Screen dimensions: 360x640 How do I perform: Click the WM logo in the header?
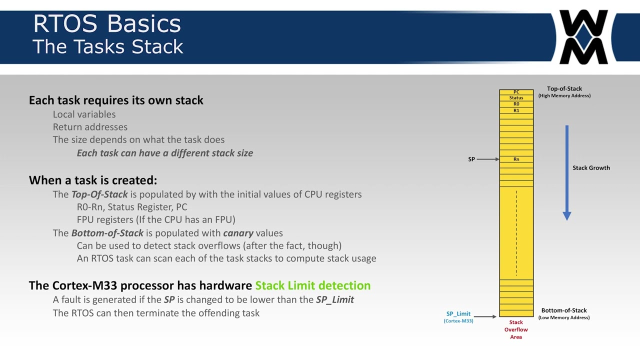(x=583, y=37)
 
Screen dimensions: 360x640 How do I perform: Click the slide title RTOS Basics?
(x=107, y=23)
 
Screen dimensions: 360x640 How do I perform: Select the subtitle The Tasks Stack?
(x=108, y=46)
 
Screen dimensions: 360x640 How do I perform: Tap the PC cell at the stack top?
(x=516, y=92)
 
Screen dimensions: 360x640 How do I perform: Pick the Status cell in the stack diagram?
(x=516, y=98)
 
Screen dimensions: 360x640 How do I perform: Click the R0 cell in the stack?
(x=516, y=104)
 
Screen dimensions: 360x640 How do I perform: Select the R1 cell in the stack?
(x=516, y=110)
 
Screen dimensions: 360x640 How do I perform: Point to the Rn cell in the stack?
(x=516, y=159)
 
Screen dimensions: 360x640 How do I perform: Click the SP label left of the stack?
(x=471, y=159)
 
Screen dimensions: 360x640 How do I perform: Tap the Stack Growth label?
(x=591, y=168)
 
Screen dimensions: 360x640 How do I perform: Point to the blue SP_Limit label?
(x=458, y=314)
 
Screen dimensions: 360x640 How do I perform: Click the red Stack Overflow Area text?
(x=516, y=329)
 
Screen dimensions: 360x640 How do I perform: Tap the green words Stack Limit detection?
(x=313, y=285)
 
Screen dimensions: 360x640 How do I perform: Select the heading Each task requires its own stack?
(x=116, y=100)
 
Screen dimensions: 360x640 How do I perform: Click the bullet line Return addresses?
(x=90, y=127)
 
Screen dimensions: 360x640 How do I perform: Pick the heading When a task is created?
(x=93, y=180)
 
